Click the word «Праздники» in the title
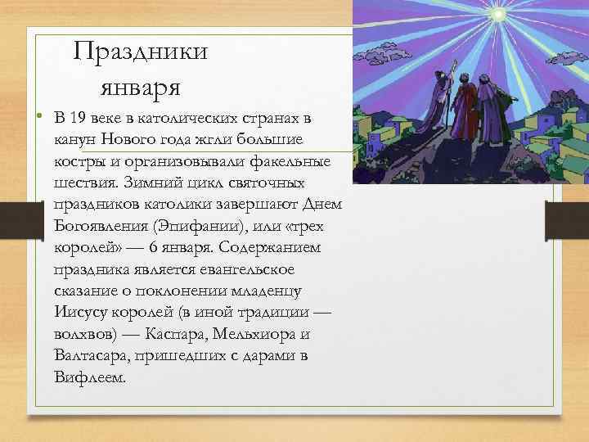click(140, 52)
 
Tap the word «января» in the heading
click(140, 84)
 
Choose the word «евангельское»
click(234, 268)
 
